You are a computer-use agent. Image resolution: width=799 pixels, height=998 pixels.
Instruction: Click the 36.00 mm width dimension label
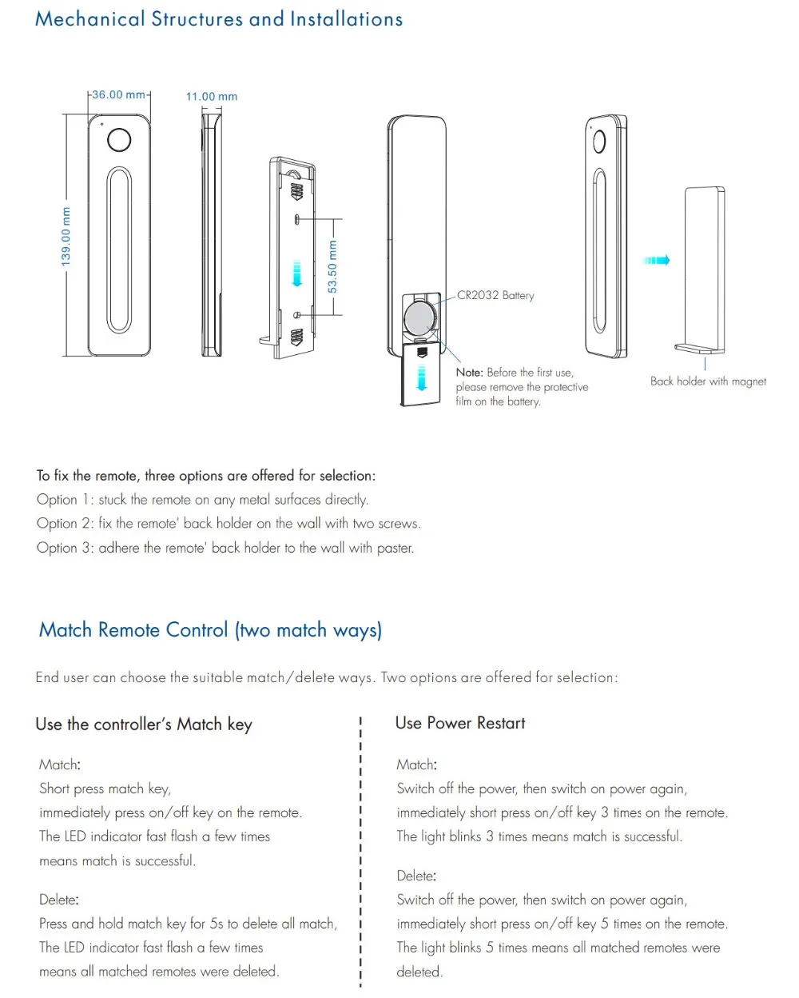tap(118, 94)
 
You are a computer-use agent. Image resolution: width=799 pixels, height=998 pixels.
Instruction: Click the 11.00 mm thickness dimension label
tap(212, 97)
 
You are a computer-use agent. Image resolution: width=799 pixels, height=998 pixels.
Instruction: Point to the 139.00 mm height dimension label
tap(66, 237)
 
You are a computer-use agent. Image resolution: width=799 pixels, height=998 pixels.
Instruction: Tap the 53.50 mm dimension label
tap(332, 266)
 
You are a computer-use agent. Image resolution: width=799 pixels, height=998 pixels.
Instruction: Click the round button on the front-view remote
tap(119, 140)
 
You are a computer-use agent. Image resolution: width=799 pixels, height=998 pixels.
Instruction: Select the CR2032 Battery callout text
tap(495, 295)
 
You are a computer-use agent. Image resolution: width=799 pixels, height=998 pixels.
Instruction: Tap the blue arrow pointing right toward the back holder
tap(656, 260)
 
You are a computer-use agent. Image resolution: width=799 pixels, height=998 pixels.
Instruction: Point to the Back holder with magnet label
tap(708, 381)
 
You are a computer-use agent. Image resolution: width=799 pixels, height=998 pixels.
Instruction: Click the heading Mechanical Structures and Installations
tap(219, 19)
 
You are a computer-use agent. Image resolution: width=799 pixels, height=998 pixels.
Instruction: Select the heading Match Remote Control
tap(210, 630)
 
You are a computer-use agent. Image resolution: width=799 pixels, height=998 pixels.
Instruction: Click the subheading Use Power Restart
tap(460, 723)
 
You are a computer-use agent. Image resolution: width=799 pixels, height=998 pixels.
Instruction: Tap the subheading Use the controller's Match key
tap(144, 725)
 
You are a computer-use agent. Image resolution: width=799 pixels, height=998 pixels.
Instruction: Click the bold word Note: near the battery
tap(470, 373)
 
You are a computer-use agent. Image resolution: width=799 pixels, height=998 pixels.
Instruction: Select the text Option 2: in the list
tap(65, 524)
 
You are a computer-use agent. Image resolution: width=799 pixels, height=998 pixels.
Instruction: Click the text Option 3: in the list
tap(65, 548)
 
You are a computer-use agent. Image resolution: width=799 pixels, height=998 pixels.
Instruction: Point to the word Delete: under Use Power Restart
tap(416, 876)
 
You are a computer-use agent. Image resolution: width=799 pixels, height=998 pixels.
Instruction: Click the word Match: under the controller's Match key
tap(60, 764)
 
